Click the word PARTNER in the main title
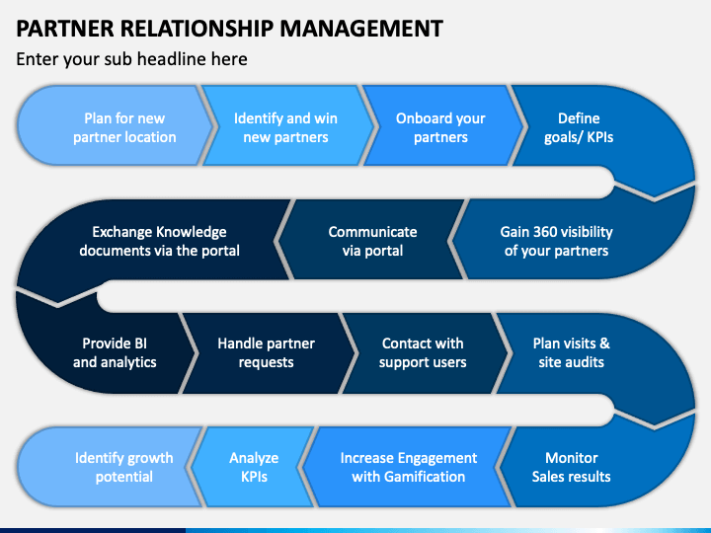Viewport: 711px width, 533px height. coord(65,29)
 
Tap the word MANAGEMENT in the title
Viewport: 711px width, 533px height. coord(361,29)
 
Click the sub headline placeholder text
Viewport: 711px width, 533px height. coord(131,59)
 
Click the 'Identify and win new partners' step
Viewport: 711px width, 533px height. coord(285,125)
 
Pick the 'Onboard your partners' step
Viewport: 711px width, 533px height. coord(440,125)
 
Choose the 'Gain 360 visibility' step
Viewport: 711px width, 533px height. coord(567,240)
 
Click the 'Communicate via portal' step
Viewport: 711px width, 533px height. coord(372,240)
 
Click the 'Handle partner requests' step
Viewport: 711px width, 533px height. coord(268,353)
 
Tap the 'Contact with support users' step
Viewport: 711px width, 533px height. coord(424,353)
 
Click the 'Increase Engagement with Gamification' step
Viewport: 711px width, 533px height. coord(408,467)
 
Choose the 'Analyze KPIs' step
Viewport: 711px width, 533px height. coord(254,467)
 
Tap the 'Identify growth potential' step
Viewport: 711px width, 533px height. coord(111,467)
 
